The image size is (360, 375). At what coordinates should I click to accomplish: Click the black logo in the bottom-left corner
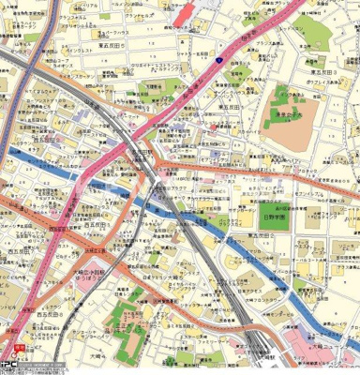[x=8, y=367]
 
